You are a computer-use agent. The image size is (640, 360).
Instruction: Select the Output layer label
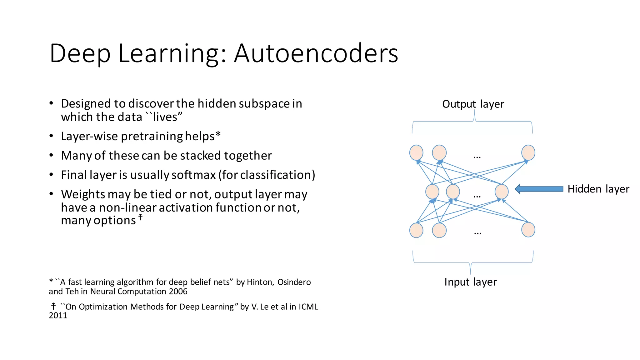click(473, 104)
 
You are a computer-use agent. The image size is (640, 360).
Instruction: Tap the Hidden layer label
click(598, 189)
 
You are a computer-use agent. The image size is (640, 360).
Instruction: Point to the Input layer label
click(470, 282)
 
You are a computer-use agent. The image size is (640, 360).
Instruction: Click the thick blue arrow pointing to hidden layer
click(539, 189)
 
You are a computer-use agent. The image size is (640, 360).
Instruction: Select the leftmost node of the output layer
click(416, 153)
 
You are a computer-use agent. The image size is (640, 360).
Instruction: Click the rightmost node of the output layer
click(528, 153)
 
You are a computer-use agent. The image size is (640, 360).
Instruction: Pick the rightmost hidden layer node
click(502, 191)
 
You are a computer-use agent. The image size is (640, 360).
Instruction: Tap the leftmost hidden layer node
click(432, 191)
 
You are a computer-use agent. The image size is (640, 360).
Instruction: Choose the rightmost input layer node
click(528, 230)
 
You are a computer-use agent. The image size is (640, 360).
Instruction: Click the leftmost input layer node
click(416, 230)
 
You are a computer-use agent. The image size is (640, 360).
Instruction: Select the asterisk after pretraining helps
click(218, 135)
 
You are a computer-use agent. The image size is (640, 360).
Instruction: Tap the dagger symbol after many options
click(141, 217)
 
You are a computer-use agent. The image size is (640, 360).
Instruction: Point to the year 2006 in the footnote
click(178, 292)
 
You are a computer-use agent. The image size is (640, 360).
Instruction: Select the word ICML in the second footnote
click(308, 307)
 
